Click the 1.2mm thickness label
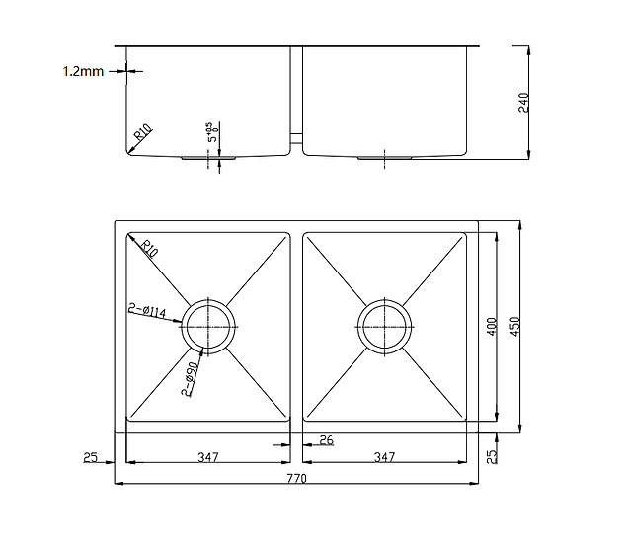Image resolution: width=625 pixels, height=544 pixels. (x=83, y=71)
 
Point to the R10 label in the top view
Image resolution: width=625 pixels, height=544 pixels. (x=149, y=248)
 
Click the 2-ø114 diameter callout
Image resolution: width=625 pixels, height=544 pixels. (x=147, y=311)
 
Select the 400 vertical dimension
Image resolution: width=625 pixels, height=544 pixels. (x=492, y=327)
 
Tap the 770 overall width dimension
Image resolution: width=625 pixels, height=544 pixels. (x=296, y=478)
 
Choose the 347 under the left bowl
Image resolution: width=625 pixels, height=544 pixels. (x=207, y=456)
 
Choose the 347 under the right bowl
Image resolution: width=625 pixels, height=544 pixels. (x=384, y=456)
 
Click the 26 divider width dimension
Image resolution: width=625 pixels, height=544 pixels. (x=326, y=440)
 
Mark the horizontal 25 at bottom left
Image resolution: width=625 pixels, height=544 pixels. (x=91, y=457)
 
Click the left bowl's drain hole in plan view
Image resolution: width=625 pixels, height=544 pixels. (x=208, y=325)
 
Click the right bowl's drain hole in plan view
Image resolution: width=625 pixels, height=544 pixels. (x=384, y=325)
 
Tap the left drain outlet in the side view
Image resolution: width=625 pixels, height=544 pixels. (x=208, y=157)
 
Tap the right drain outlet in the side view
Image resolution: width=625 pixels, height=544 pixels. (x=384, y=157)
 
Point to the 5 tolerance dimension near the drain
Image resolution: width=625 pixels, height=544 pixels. (x=210, y=132)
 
